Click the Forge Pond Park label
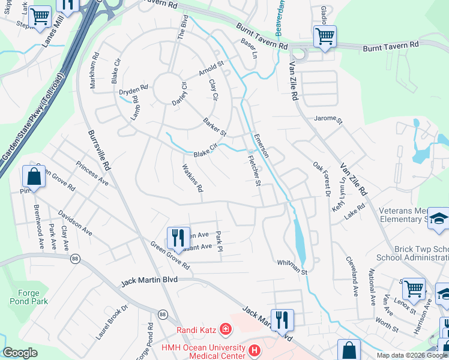[x=25, y=298]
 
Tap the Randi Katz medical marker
[x=225, y=329]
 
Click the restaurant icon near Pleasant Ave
[x=176, y=236]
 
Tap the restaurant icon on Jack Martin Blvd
[x=282, y=319]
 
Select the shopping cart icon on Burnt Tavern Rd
[x=325, y=35]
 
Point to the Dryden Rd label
[x=133, y=91]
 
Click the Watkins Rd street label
[x=192, y=179]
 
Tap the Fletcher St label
[x=255, y=170]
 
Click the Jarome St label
[x=328, y=119]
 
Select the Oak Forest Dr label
[x=322, y=178]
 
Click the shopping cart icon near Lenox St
[x=414, y=288]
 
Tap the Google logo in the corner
[x=20, y=353]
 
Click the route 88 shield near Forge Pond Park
[x=75, y=258]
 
